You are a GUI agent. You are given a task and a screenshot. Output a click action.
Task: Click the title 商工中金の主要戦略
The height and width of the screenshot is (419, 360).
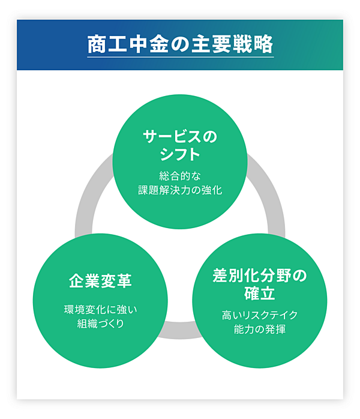(180, 44)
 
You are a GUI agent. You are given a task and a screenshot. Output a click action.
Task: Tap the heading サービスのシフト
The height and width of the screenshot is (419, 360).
(180, 145)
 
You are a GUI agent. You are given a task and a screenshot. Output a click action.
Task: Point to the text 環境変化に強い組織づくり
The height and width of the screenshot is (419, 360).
(100, 318)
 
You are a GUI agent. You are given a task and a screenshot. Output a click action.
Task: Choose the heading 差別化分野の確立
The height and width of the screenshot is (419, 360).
(260, 285)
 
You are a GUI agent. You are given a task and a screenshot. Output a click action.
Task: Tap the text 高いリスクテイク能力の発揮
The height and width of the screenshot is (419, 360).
(260, 322)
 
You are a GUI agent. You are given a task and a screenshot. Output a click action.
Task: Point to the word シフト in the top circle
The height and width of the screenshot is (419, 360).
(180, 155)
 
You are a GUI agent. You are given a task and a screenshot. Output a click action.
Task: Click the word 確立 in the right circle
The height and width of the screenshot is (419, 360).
(260, 294)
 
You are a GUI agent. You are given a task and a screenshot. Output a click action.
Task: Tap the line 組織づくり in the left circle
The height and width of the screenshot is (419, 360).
(100, 325)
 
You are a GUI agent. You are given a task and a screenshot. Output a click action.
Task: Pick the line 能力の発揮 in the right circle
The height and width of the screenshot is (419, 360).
(260, 330)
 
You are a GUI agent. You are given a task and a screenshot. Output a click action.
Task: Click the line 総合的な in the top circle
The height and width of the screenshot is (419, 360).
(180, 176)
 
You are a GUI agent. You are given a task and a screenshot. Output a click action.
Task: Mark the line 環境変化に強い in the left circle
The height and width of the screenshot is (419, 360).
(100, 310)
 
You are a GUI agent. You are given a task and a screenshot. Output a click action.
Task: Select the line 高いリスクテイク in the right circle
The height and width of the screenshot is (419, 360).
(260, 315)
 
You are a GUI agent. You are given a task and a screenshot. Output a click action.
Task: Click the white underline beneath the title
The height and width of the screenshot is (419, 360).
(180, 57)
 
